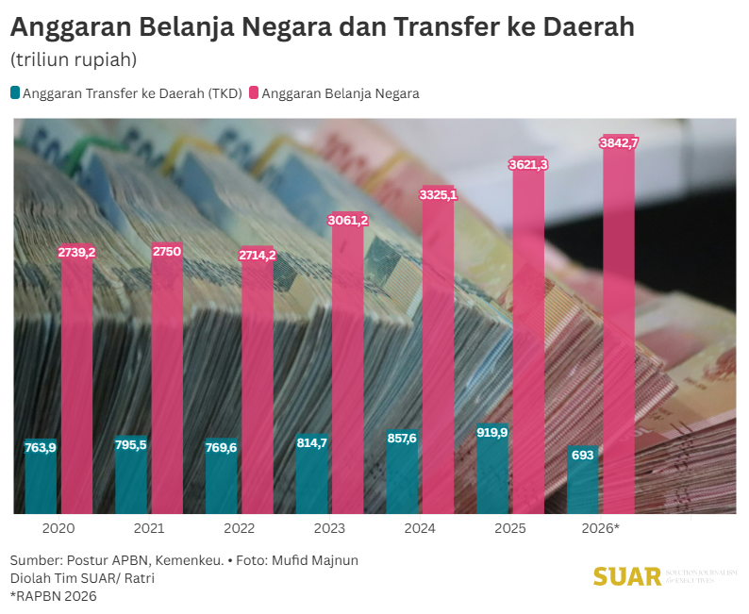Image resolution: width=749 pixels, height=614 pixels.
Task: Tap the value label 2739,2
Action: [77, 253]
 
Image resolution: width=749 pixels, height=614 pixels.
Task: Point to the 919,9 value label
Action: [492, 433]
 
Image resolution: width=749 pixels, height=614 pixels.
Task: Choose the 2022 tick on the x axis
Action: [240, 529]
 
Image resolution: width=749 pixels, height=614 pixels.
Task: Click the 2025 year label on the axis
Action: [510, 529]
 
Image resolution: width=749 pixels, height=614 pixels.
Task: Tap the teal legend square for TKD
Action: [15, 92]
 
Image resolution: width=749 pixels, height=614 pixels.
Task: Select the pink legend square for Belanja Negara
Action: [254, 92]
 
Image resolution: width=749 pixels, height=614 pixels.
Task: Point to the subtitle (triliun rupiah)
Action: [74, 59]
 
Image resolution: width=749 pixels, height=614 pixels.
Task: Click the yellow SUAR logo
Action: [626, 576]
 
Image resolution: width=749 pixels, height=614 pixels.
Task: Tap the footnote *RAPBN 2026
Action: [54, 596]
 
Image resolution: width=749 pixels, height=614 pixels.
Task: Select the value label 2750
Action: [167, 251]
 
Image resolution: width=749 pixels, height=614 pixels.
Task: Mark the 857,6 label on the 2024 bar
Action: [402, 439]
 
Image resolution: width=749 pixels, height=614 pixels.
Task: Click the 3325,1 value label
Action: [438, 195]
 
